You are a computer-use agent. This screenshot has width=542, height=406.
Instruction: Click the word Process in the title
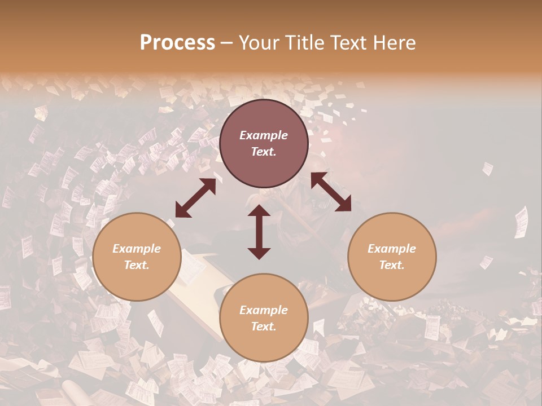point(177,43)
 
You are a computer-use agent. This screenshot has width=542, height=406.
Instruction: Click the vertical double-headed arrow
point(259,232)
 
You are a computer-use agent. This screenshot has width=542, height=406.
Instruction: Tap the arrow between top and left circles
point(195,198)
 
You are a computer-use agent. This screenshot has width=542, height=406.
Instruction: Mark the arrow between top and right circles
point(331,192)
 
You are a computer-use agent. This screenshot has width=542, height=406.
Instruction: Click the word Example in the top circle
point(264,135)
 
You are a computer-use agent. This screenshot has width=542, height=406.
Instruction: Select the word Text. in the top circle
point(264,152)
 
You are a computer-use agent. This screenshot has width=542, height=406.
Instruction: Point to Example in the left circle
point(137,249)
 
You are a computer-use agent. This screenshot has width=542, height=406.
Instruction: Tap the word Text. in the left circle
point(137,265)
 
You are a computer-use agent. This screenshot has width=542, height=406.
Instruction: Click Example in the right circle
point(392,249)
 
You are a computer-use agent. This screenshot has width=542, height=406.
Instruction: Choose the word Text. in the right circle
point(392,265)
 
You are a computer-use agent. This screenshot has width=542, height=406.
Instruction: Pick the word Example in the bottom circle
point(264,310)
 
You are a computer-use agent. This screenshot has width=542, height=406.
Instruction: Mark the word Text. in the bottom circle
point(264,326)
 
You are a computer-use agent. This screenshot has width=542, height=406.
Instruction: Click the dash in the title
point(227,43)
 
